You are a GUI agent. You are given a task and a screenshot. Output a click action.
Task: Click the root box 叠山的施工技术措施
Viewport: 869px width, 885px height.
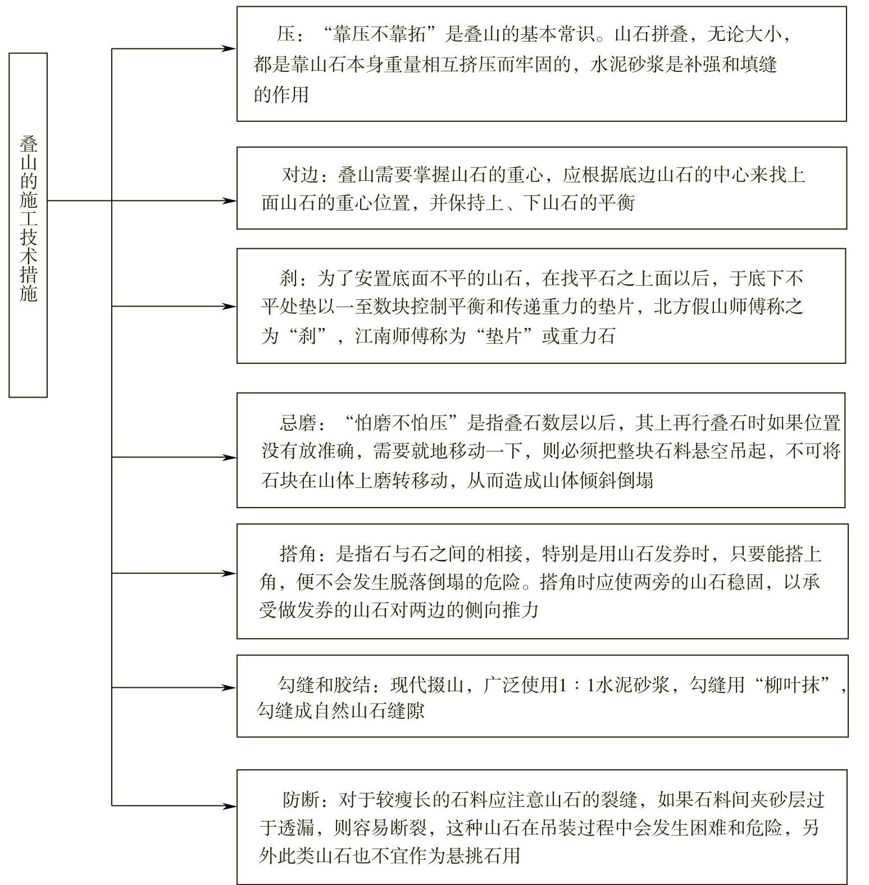(28, 225)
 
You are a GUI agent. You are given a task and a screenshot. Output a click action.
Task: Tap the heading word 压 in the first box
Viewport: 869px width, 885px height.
(286, 35)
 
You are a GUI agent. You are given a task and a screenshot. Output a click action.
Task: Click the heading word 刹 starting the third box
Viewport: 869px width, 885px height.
(289, 278)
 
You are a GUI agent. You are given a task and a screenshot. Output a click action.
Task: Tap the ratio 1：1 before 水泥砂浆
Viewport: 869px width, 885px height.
(578, 686)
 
